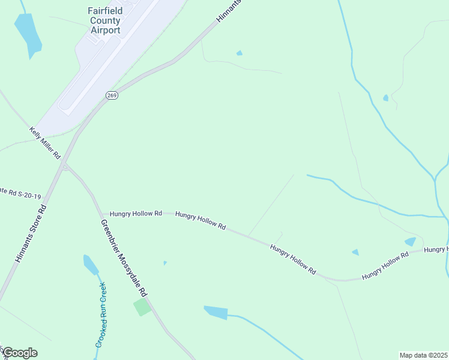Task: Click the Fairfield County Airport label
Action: [x=104, y=20]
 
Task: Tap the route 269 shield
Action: [x=112, y=95]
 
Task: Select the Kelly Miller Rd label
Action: [x=46, y=142]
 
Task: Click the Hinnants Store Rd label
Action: [x=31, y=235]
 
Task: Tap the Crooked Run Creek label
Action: [x=103, y=315]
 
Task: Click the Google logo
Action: [x=20, y=353]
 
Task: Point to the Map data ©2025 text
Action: [x=423, y=355]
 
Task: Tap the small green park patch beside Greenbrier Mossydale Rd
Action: [x=142, y=307]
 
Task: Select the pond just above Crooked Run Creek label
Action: [x=91, y=264]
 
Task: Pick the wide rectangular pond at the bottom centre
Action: [x=215, y=312]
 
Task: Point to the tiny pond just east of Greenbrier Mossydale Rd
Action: [x=165, y=262]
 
